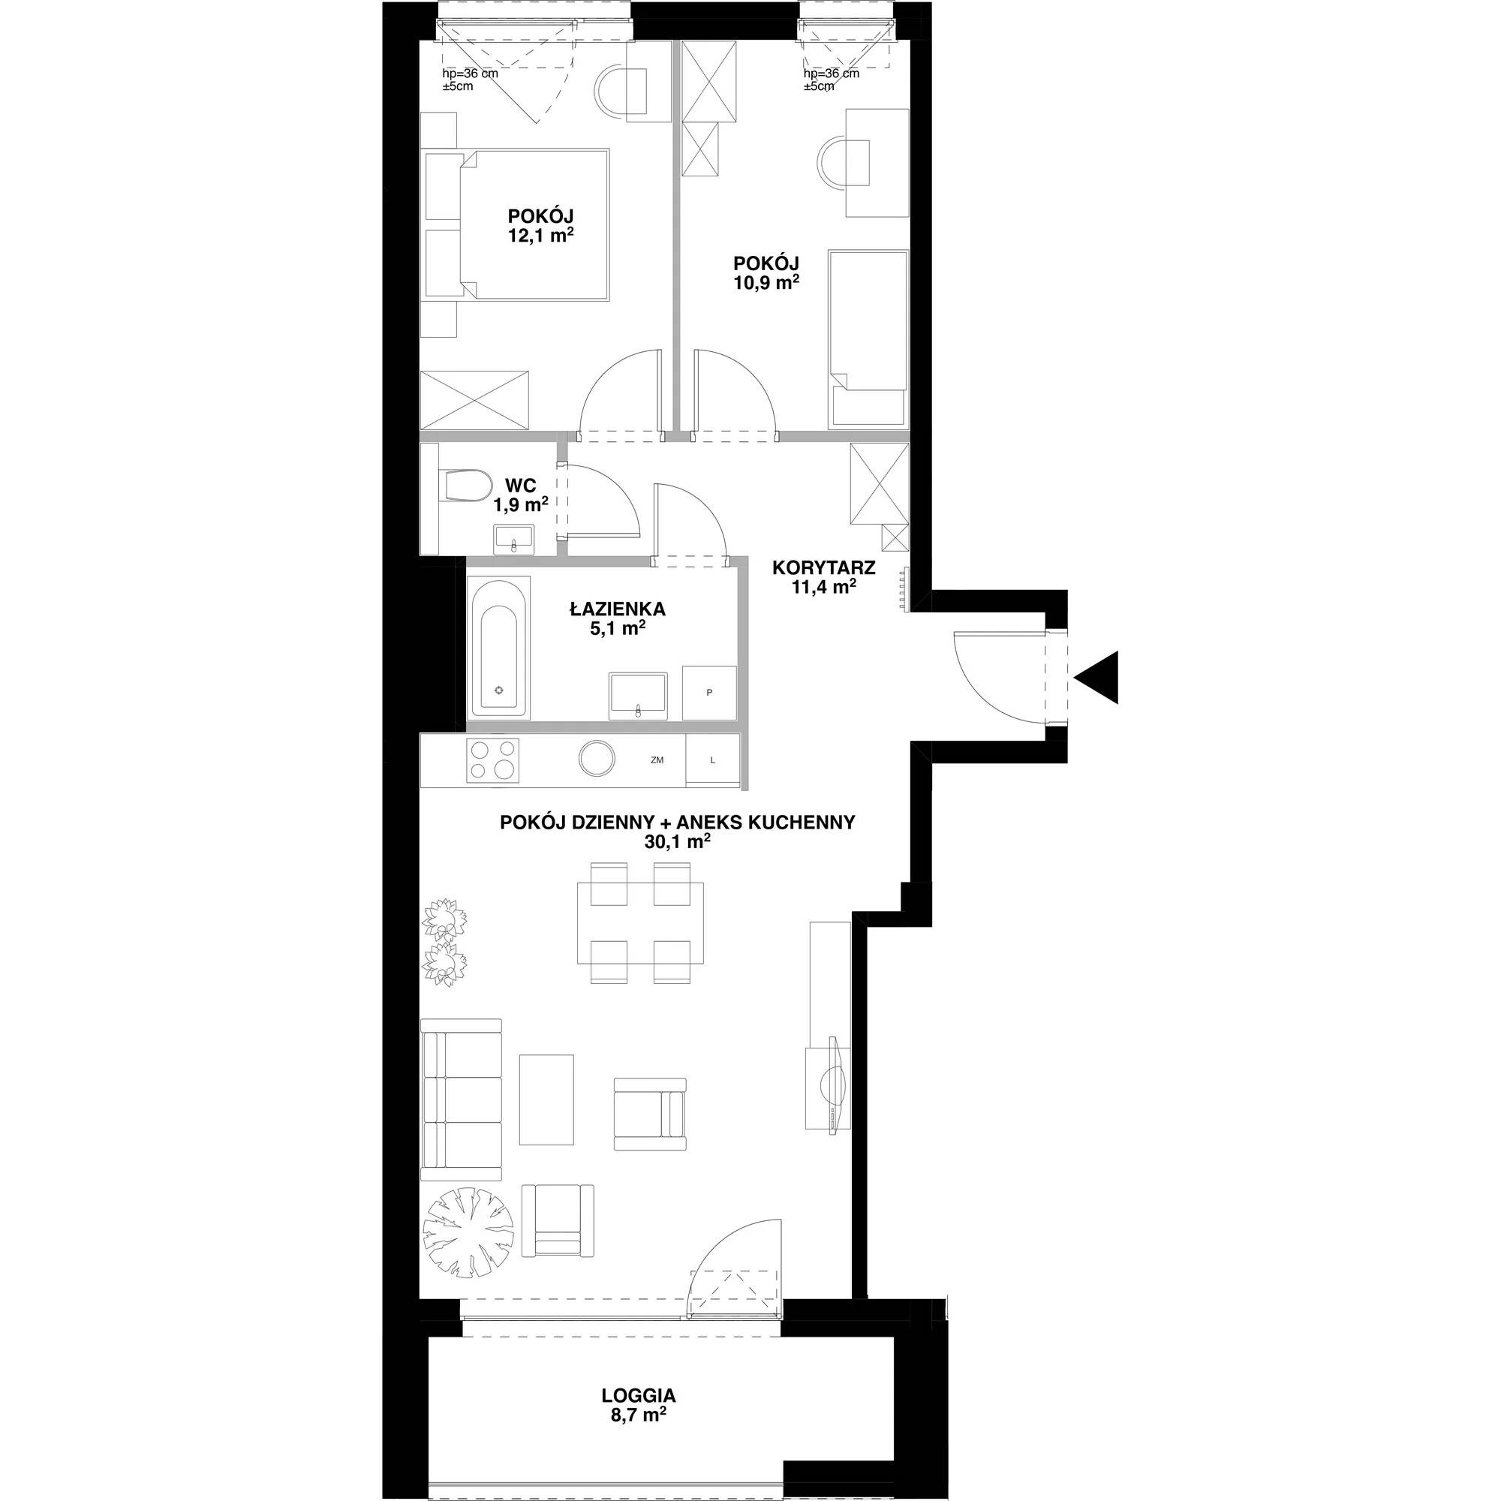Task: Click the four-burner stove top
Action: [492, 760]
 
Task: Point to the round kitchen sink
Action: [597, 759]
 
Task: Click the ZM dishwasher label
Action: [657, 760]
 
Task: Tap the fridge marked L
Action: [712, 760]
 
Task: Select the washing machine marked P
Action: [708, 693]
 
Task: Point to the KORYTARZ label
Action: [823, 568]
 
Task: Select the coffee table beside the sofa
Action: [546, 1099]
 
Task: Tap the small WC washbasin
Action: [513, 538]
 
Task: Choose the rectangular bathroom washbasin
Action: [637, 693]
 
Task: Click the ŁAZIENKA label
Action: [618, 610]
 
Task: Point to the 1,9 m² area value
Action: [521, 505]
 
